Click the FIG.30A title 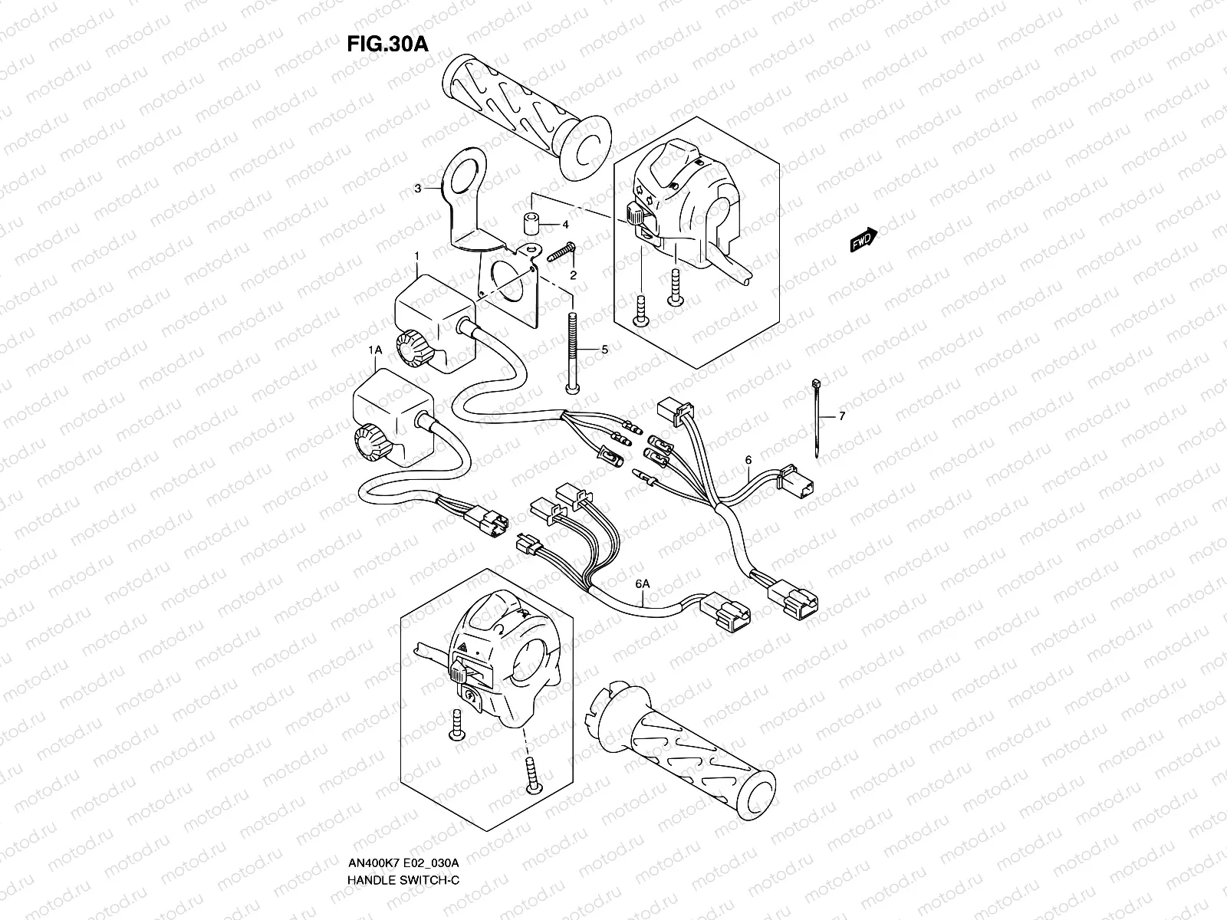tap(387, 44)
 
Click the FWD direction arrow tap(864, 239)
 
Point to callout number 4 tap(565, 225)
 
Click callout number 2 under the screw tap(573, 274)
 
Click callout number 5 tap(604, 349)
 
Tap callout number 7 tap(841, 416)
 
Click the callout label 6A tap(643, 584)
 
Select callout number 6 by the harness tap(748, 460)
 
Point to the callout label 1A tap(375, 350)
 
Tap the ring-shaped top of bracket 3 tap(465, 169)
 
